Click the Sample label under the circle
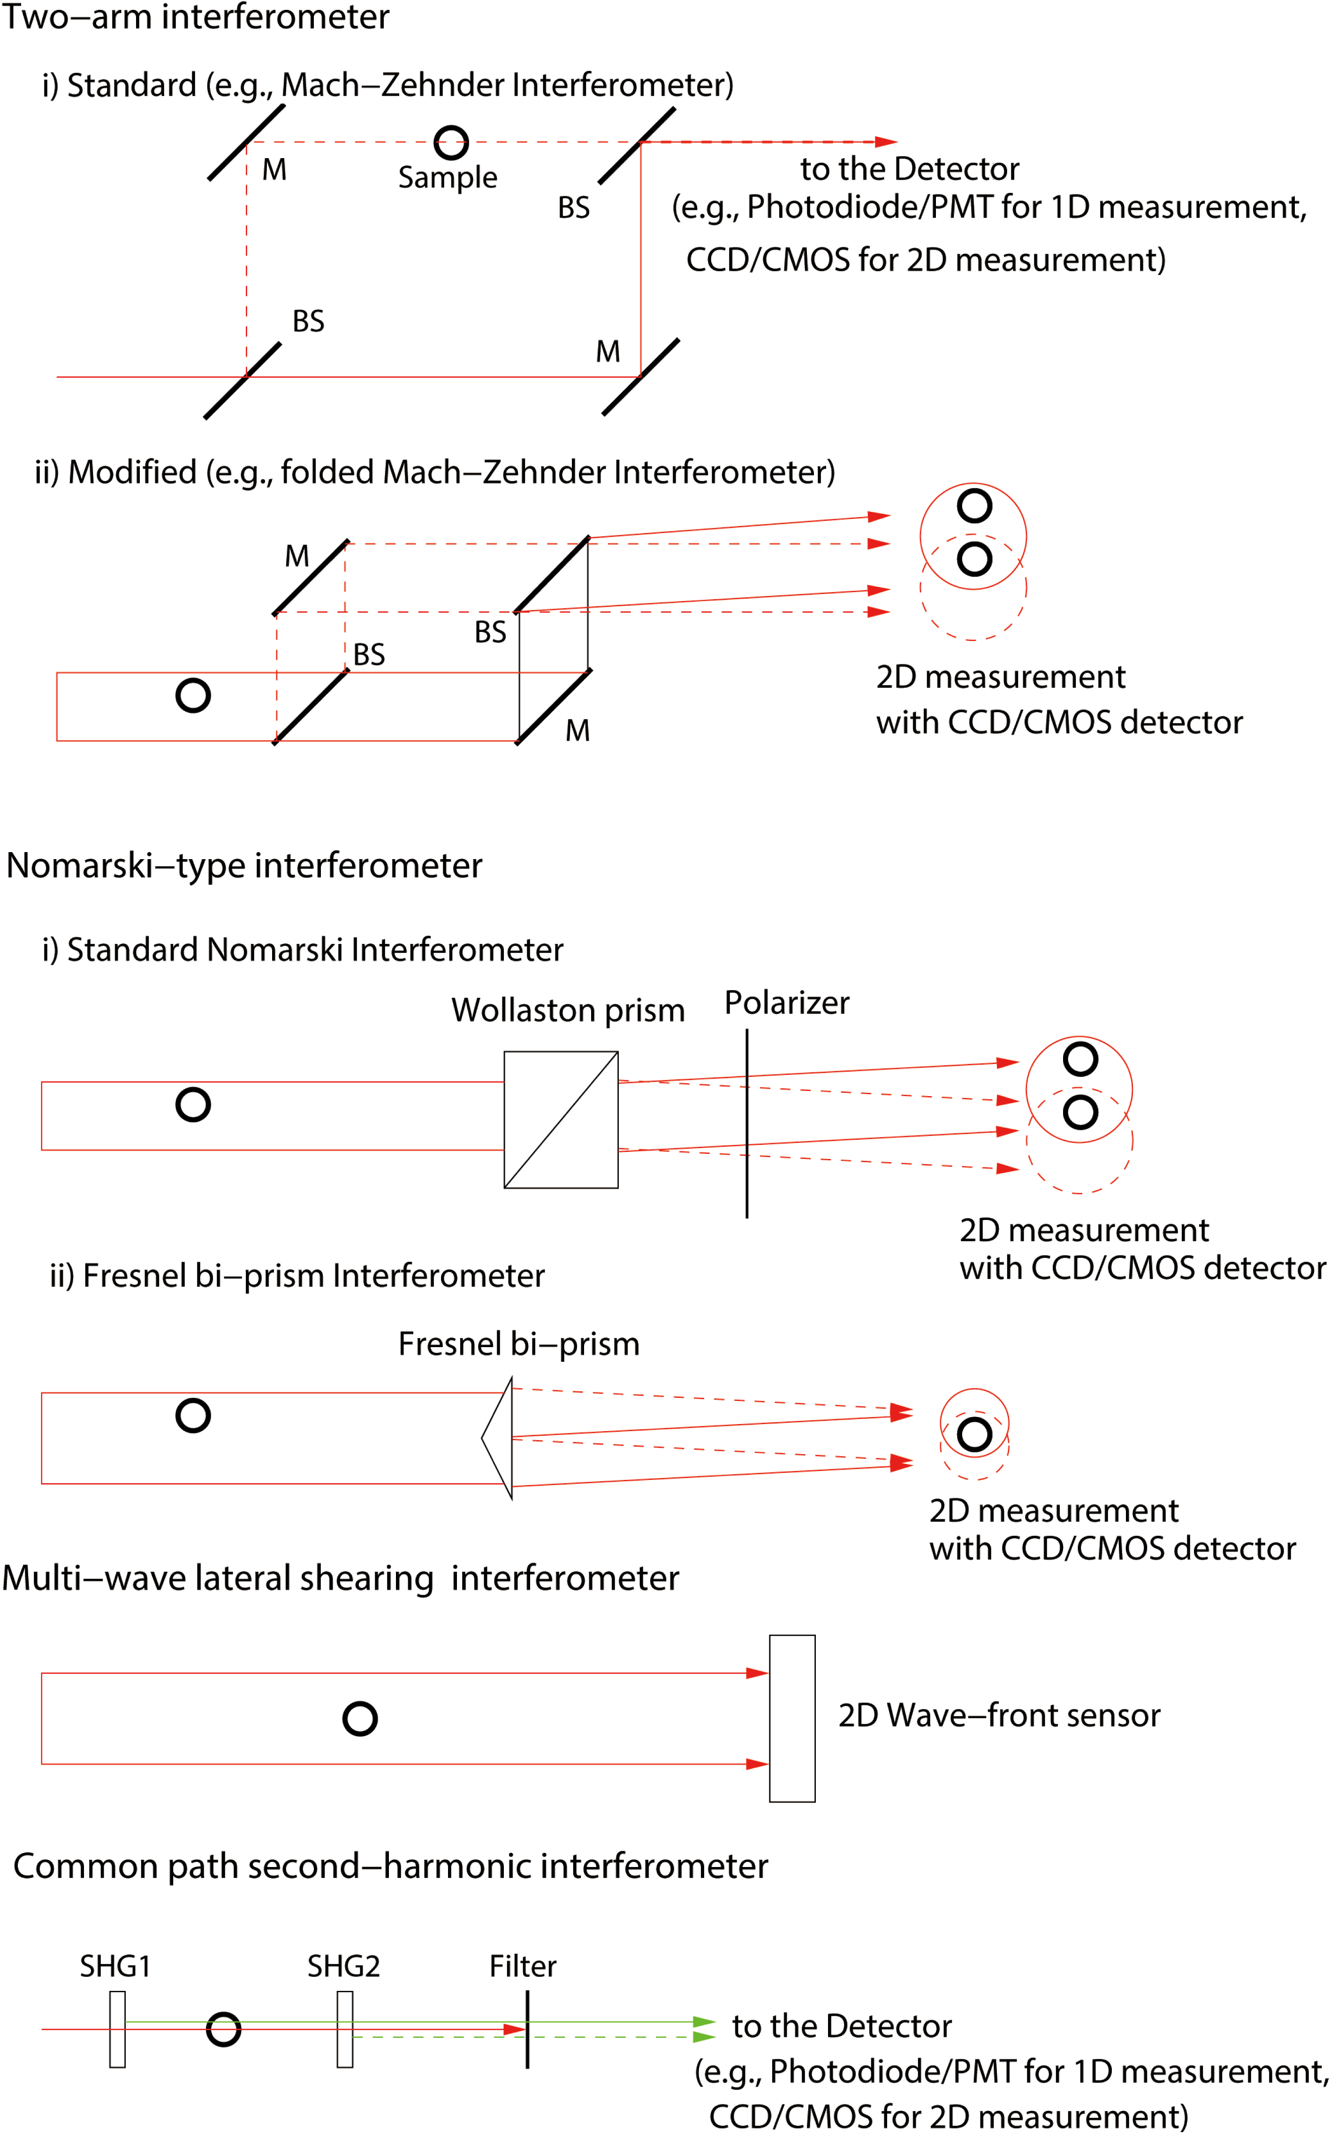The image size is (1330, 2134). (448, 178)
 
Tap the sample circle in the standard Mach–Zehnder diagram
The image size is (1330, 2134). (451, 143)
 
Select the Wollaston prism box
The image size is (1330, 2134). (561, 1120)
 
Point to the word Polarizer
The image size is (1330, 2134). (786, 1003)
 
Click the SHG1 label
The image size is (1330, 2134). (115, 1966)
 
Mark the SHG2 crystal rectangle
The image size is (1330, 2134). (345, 2029)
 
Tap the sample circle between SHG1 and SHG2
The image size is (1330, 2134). (223, 2029)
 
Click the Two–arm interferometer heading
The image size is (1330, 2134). (195, 17)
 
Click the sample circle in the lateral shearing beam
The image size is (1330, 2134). (360, 1718)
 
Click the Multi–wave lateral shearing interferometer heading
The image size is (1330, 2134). (341, 1578)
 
